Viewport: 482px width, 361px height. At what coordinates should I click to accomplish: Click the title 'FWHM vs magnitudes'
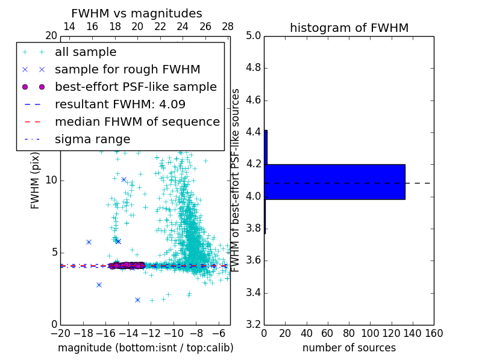pyautogui.click(x=137, y=13)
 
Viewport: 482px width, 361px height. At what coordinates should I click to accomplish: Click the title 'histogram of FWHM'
pyautogui.click(x=349, y=28)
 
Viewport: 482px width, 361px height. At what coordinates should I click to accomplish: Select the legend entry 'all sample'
pyautogui.click(x=86, y=52)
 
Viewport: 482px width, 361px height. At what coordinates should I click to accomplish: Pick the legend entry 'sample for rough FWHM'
pyautogui.click(x=127, y=69)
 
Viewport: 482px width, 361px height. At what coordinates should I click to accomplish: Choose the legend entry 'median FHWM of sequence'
pyautogui.click(x=137, y=122)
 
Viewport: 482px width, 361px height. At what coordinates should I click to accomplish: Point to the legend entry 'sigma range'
pyautogui.click(x=92, y=139)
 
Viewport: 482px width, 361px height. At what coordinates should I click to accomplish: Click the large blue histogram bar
pyautogui.click(x=334, y=182)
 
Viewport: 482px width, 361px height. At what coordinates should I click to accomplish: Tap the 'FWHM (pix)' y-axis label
pyautogui.click(x=36, y=180)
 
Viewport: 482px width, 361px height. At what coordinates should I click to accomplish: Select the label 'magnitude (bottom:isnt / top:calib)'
pyautogui.click(x=145, y=348)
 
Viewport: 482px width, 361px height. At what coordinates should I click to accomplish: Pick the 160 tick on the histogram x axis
pyautogui.click(x=433, y=333)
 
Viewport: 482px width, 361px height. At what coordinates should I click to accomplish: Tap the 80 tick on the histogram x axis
pyautogui.click(x=349, y=333)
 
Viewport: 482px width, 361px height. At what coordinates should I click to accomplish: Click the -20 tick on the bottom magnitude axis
pyautogui.click(x=60, y=333)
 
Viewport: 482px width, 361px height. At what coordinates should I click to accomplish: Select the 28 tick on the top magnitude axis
pyautogui.click(x=228, y=26)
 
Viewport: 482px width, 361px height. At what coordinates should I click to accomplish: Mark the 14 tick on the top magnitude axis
pyautogui.click(x=69, y=26)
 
